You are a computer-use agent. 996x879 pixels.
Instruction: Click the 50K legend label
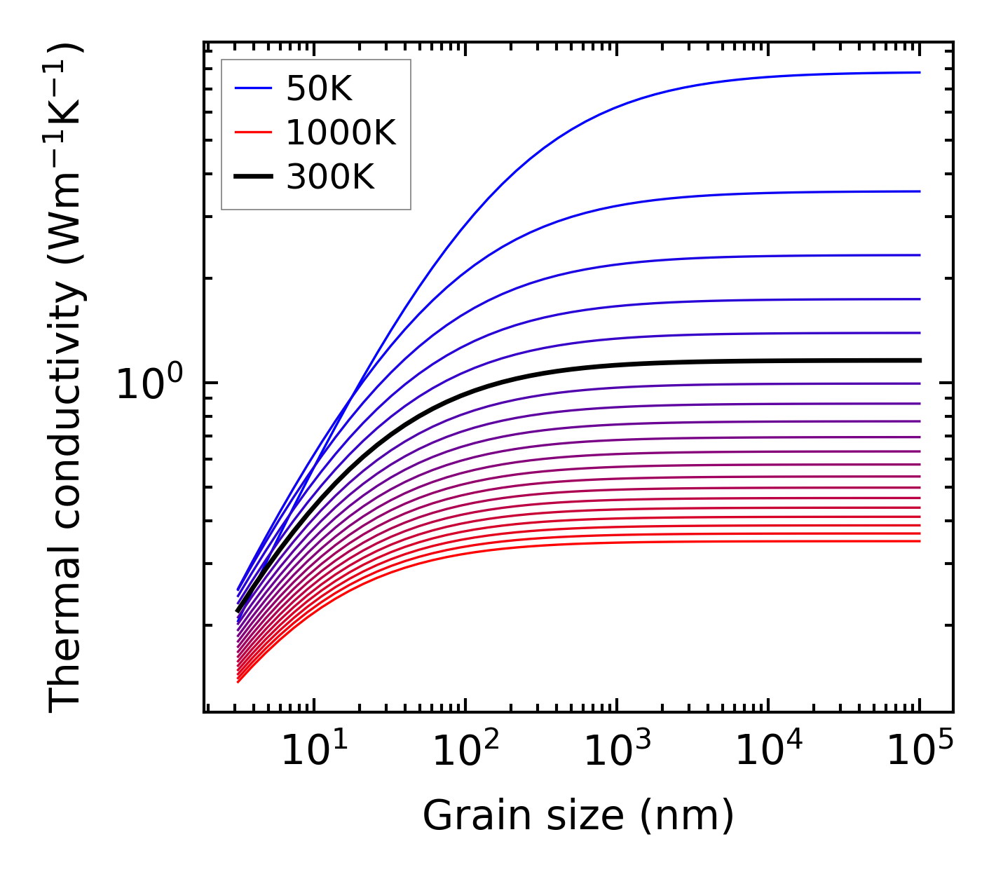point(319,89)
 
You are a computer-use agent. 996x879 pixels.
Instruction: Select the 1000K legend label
point(341,132)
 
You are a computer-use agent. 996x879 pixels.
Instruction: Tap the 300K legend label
point(330,177)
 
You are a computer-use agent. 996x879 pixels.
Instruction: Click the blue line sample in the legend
point(253,88)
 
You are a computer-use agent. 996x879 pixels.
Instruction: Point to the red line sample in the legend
point(253,132)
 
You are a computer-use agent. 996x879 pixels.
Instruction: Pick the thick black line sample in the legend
point(253,177)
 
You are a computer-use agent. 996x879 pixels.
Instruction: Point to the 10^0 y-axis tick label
point(149,384)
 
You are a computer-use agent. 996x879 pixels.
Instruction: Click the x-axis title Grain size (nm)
point(578,816)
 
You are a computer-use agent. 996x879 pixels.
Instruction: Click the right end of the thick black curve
point(920,360)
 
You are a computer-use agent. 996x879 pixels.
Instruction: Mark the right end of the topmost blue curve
point(920,72)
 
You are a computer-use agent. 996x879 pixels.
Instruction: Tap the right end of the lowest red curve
point(920,540)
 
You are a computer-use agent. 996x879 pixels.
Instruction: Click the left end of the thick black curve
point(238,611)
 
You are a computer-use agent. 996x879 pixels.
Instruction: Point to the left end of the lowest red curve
point(238,681)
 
